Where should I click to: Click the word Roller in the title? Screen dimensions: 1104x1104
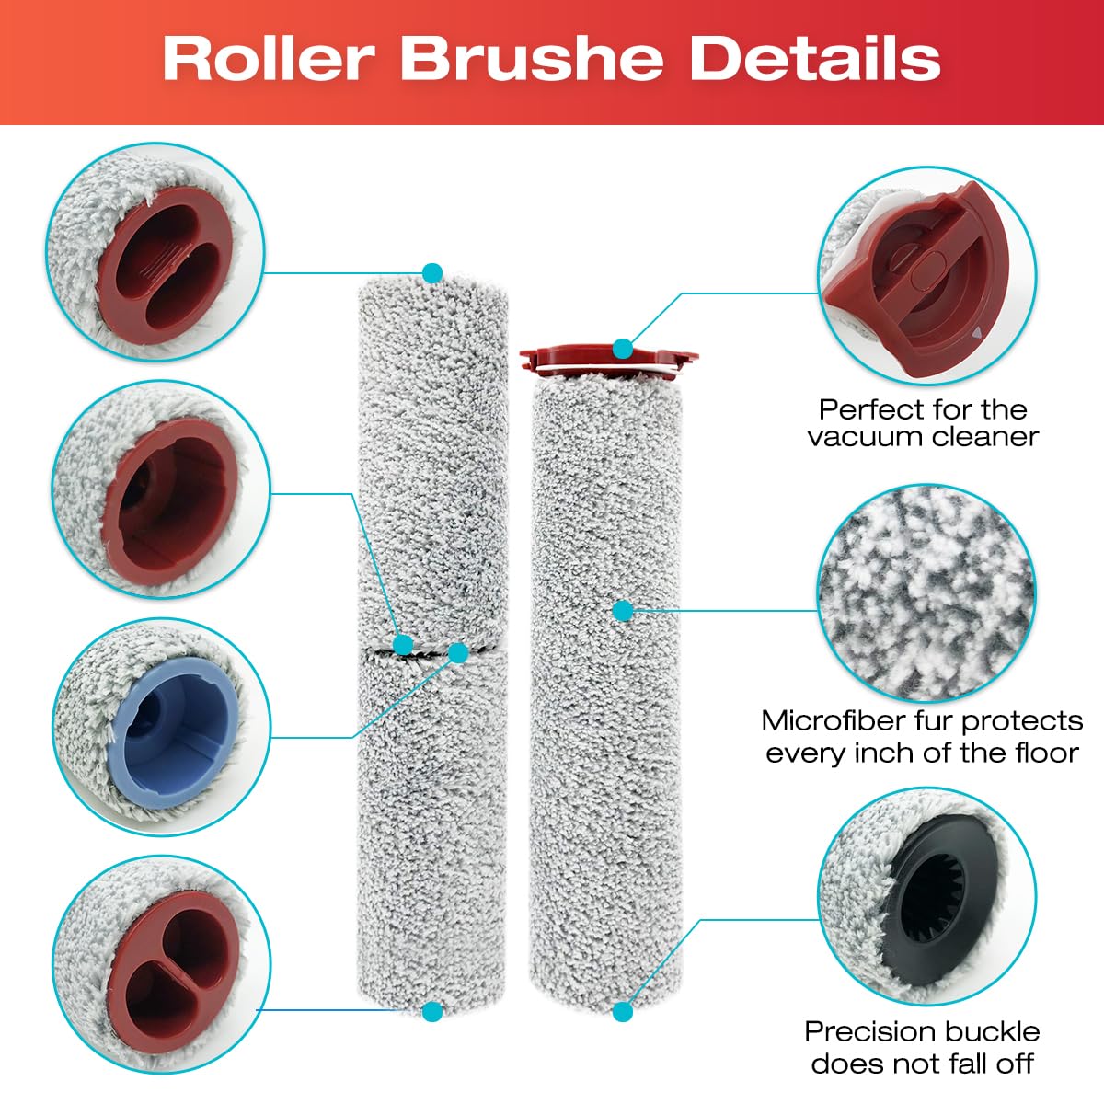pyautogui.click(x=270, y=60)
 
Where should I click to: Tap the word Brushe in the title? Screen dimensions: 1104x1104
pyautogui.click(x=533, y=60)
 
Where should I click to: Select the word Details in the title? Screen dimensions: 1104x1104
pyautogui.click(x=815, y=60)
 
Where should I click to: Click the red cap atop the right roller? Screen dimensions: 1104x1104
pyautogui.click(x=608, y=359)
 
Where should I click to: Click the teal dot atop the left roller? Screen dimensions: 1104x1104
pyautogui.click(x=432, y=272)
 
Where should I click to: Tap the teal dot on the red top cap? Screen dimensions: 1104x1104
pyautogui.click(x=623, y=349)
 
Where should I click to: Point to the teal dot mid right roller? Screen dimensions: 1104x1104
pyautogui.click(x=623, y=611)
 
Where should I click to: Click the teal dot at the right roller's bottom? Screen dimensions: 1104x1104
pyautogui.click(x=623, y=1012)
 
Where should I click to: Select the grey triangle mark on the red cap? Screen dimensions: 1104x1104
pyautogui.click(x=976, y=331)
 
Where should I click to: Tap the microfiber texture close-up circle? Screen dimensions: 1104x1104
pyautogui.click(x=926, y=593)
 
